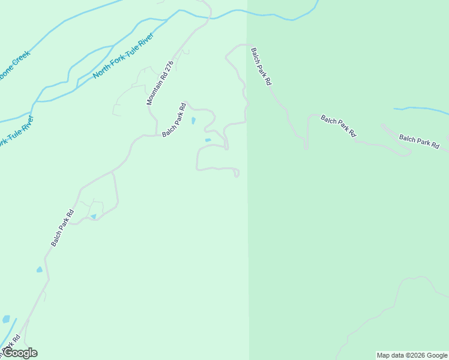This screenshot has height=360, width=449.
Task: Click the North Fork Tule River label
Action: pos(124,56)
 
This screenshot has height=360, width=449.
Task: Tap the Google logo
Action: pos(19,353)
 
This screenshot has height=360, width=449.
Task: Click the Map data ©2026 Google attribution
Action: pos(412,355)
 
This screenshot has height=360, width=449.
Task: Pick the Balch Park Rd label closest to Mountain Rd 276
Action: pos(174,120)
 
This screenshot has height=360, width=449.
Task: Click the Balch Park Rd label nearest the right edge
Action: pos(420,141)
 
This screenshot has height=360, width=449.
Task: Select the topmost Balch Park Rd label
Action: pos(262,66)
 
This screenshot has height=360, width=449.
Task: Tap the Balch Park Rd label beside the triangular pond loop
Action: pos(62,227)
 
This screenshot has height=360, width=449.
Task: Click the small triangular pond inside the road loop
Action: pos(93,216)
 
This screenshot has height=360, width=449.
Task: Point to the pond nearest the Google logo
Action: pos(7,319)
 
